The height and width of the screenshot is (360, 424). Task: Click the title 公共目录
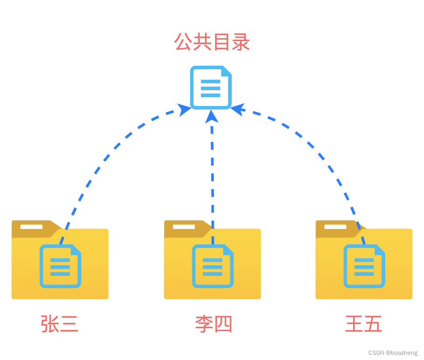click(x=212, y=43)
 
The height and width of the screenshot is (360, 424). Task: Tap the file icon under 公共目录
click(x=211, y=87)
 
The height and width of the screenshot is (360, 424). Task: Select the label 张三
click(x=60, y=325)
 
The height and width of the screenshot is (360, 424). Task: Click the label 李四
click(x=213, y=325)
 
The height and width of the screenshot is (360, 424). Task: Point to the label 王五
click(x=364, y=325)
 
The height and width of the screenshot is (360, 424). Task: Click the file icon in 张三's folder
click(x=60, y=266)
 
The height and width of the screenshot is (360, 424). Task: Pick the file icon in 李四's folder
click(x=213, y=266)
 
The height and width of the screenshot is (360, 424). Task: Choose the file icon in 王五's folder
click(x=364, y=266)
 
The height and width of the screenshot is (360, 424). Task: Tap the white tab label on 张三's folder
click(x=32, y=227)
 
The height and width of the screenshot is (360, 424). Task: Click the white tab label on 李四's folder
click(x=184, y=227)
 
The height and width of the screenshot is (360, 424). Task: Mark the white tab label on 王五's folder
click(x=336, y=227)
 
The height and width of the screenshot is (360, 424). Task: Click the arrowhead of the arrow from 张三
click(x=184, y=109)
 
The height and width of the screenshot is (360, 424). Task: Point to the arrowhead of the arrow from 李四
click(x=212, y=116)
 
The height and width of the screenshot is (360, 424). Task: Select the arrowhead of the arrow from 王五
click(x=237, y=109)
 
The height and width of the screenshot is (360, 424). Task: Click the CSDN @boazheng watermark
click(x=393, y=353)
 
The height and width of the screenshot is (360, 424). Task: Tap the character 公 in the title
click(x=184, y=43)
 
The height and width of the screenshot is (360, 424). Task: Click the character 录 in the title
click(x=240, y=43)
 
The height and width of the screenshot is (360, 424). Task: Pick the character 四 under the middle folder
click(x=223, y=325)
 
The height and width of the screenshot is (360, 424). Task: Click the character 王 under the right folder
click(x=354, y=325)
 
